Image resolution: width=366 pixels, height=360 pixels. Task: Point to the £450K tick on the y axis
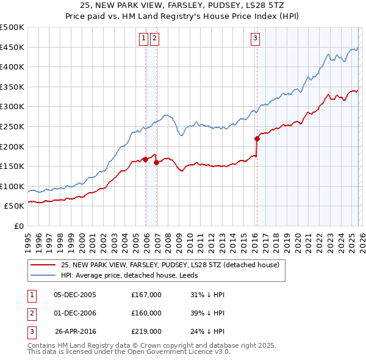pyautogui.click(x=12, y=47)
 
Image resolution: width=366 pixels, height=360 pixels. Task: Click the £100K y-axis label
pyautogui.click(x=12, y=186)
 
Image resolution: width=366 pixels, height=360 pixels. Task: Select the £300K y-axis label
pyautogui.click(x=12, y=107)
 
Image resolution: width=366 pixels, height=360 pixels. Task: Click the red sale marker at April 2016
pyautogui.click(x=257, y=139)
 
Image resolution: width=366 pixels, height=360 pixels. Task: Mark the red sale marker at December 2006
pyautogui.click(x=156, y=162)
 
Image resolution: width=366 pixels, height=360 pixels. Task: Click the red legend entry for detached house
pyautogui.click(x=170, y=265)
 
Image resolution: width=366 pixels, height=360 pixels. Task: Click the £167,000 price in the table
pyautogui.click(x=146, y=295)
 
